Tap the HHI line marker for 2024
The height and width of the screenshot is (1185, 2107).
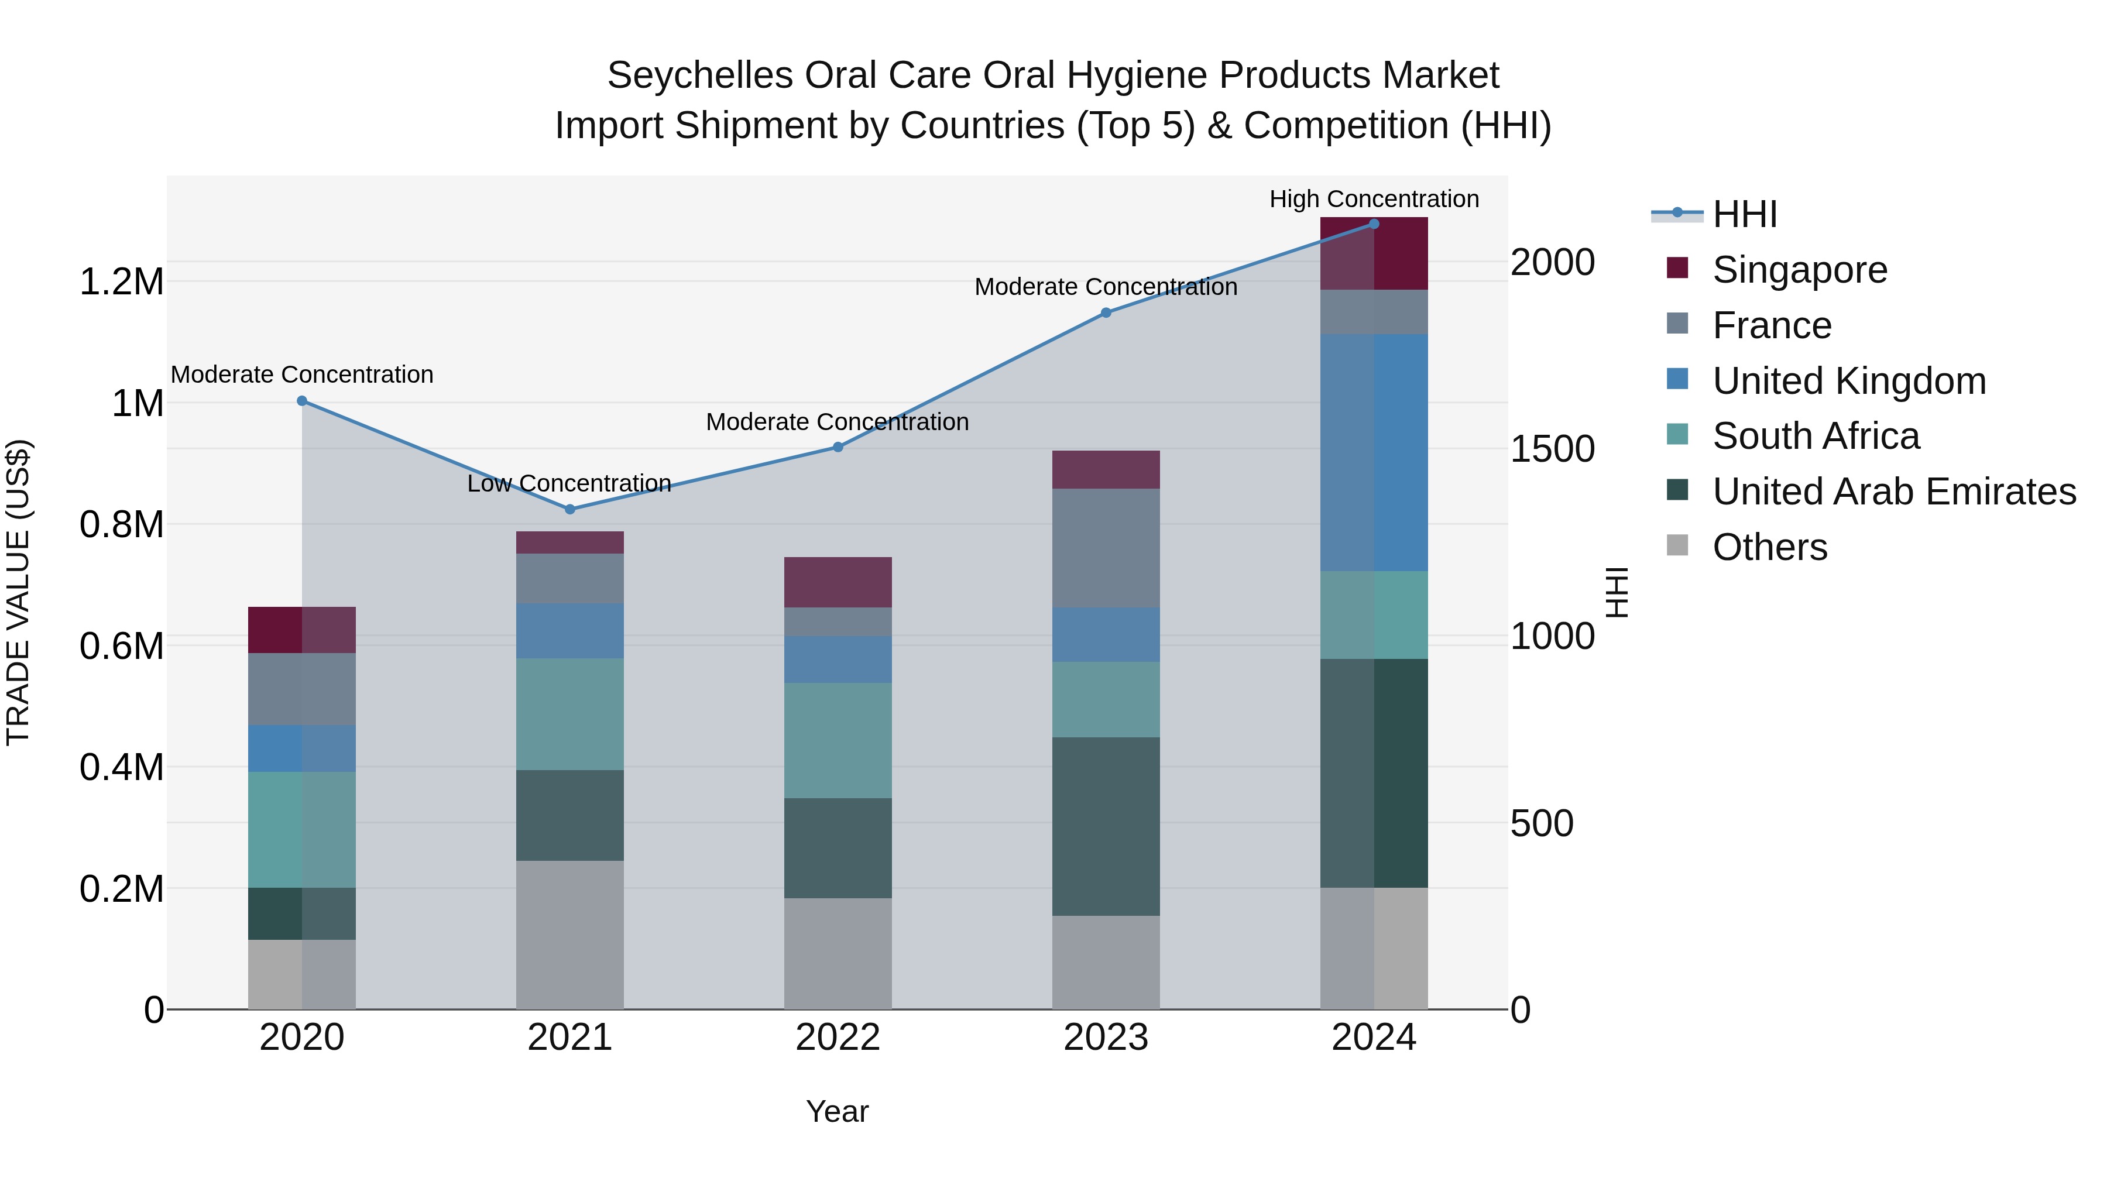[1374, 224]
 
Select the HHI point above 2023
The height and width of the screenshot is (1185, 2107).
[1106, 312]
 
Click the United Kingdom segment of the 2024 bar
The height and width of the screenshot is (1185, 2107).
[1374, 452]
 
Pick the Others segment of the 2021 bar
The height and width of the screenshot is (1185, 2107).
[570, 934]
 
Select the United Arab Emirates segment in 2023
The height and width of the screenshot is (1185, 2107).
[1106, 826]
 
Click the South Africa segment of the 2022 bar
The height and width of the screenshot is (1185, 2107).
[838, 740]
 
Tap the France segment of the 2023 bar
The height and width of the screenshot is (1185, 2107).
[1106, 548]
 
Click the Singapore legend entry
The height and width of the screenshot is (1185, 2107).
[1800, 270]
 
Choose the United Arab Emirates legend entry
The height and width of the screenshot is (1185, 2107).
[1893, 492]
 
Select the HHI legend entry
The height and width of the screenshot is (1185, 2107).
[1744, 214]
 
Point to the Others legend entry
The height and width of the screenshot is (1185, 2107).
[1769, 547]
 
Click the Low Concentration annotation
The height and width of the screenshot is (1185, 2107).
[569, 483]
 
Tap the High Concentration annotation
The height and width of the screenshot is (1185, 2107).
[1374, 199]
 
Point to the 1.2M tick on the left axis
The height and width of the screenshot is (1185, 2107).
[121, 282]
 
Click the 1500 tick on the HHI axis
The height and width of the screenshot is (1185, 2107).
[1552, 449]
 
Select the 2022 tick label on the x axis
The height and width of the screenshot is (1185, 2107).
[838, 1037]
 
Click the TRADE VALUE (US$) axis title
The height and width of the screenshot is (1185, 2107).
[18, 592]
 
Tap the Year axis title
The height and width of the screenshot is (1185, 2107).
[838, 1111]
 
